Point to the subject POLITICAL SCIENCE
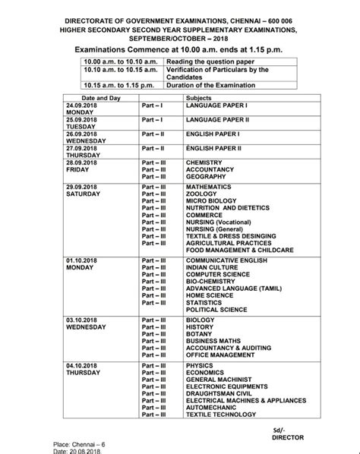pyautogui.click(x=216, y=310)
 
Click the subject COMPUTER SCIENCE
pyautogui.click(x=217, y=273)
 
